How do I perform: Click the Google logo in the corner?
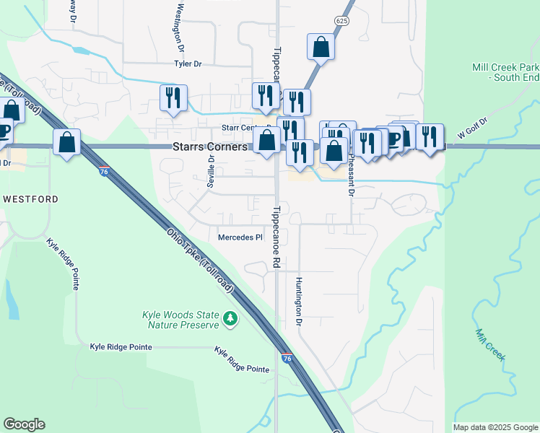click(24, 424)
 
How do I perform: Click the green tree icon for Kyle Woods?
click(230, 318)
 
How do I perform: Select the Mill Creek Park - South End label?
click(505, 71)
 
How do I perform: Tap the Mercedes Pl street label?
click(240, 237)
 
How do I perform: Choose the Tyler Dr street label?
click(188, 64)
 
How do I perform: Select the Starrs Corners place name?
click(209, 146)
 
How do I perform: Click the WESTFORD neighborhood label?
click(30, 198)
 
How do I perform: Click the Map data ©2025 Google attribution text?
click(495, 427)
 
